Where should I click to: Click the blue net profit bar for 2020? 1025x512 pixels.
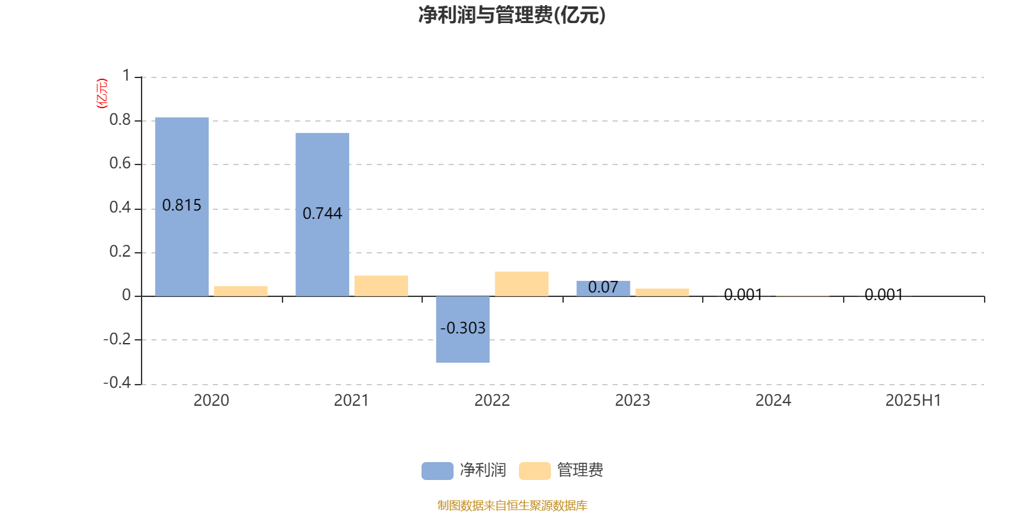(182, 207)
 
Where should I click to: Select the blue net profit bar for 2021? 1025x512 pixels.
(322, 214)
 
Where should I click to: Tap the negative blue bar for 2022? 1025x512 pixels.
(463, 330)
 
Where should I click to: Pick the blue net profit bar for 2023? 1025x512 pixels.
(603, 289)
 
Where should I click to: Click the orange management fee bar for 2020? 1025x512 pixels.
(241, 291)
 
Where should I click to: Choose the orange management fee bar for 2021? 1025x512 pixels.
(381, 285)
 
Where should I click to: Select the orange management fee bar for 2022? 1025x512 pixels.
(521, 284)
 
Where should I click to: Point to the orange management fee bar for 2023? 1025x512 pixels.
(662, 292)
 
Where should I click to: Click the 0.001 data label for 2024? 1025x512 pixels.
(743, 295)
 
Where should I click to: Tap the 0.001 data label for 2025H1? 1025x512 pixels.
(883, 295)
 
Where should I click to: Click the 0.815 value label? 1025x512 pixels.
(182, 205)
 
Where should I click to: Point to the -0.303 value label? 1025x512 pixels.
(463, 328)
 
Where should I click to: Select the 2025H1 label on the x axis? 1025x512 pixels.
(914, 401)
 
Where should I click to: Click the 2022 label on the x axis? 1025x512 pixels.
(492, 401)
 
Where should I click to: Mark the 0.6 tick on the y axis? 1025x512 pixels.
(120, 163)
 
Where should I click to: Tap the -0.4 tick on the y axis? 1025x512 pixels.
(117, 382)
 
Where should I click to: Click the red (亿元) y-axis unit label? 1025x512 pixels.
(102, 93)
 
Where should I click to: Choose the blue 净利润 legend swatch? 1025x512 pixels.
(438, 471)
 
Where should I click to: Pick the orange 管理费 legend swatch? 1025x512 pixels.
(534, 471)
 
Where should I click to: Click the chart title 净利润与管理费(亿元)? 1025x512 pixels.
(512, 15)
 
